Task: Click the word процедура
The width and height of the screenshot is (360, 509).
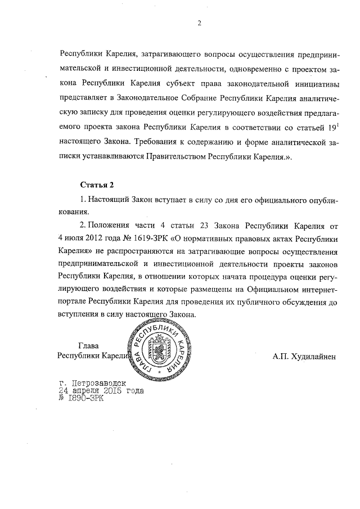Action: (246, 277)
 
